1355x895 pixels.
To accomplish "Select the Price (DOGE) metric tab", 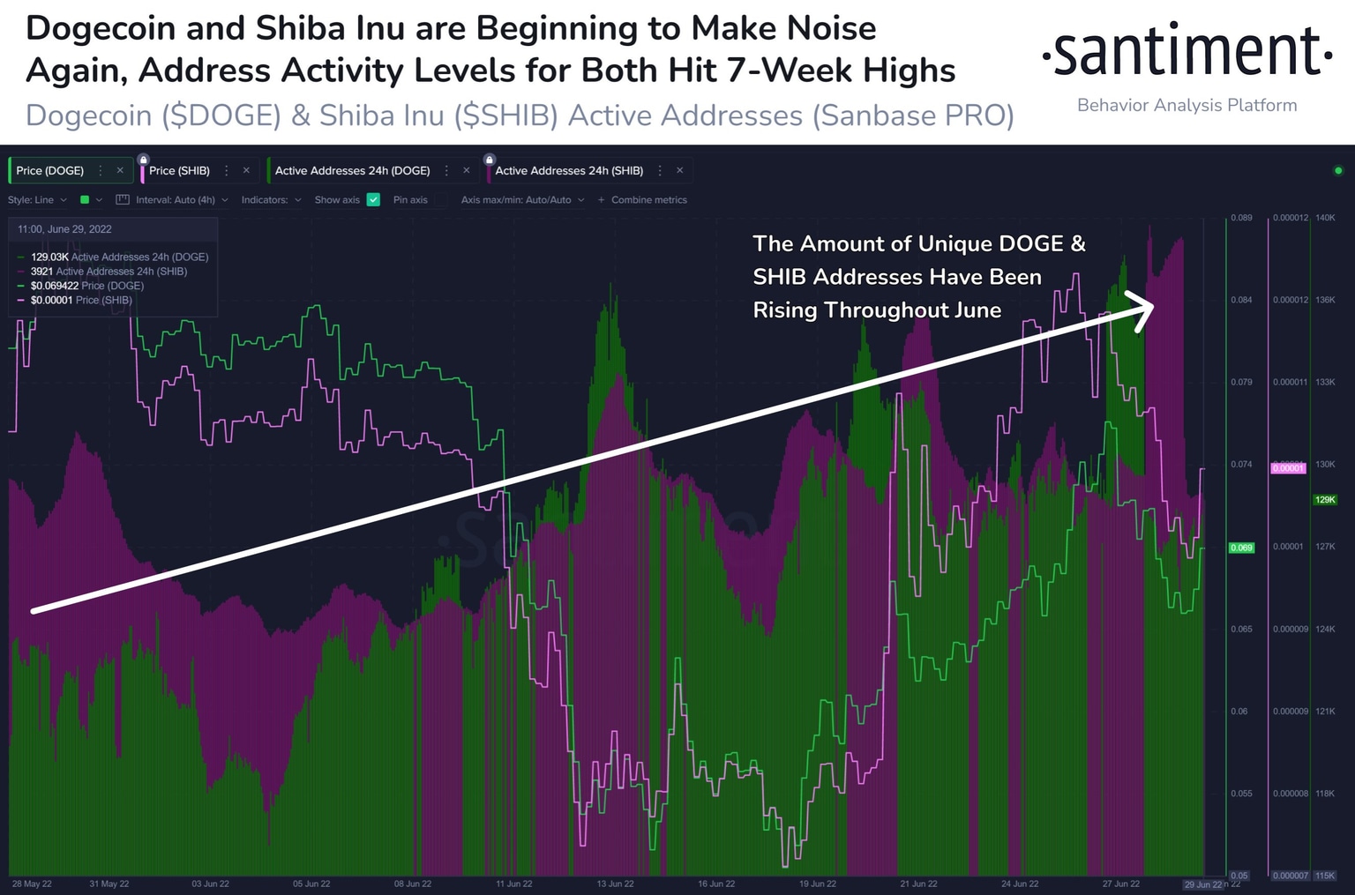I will coord(50,170).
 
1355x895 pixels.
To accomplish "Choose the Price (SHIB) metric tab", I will coord(179,170).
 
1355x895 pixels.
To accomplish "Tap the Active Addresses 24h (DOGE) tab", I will coord(352,170).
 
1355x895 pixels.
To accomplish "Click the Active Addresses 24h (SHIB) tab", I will coord(569,170).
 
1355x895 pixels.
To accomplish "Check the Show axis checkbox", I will coord(373,200).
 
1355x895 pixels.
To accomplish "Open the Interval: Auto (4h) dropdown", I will coord(176,200).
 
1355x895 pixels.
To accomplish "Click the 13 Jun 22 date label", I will coord(615,884).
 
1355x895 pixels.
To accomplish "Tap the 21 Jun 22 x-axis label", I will coord(918,884).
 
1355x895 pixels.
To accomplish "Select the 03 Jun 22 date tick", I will coord(210,884).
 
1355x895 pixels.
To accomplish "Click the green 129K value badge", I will coord(1325,499).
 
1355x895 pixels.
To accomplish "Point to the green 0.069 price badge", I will coord(1241,548).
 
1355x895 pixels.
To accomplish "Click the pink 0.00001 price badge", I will coord(1288,468).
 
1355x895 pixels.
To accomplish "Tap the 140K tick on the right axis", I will coord(1325,218).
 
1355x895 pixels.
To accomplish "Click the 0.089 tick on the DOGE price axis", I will coord(1241,218).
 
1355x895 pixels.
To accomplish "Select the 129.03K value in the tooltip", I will coord(49,257).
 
